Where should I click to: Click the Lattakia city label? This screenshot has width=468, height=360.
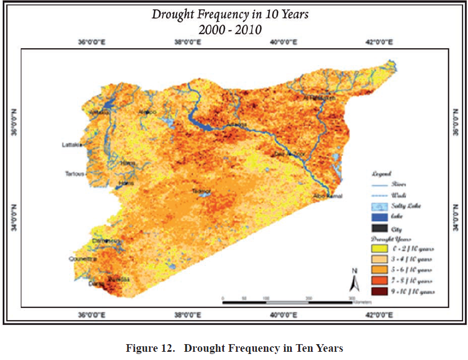click(72, 145)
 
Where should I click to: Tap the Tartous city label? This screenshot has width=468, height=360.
click(74, 174)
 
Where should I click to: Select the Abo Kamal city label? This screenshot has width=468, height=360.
click(328, 196)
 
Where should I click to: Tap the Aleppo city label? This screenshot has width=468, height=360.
click(148, 112)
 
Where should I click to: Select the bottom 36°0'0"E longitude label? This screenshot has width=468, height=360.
click(91, 315)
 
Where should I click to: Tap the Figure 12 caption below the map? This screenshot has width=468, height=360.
click(234, 349)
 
